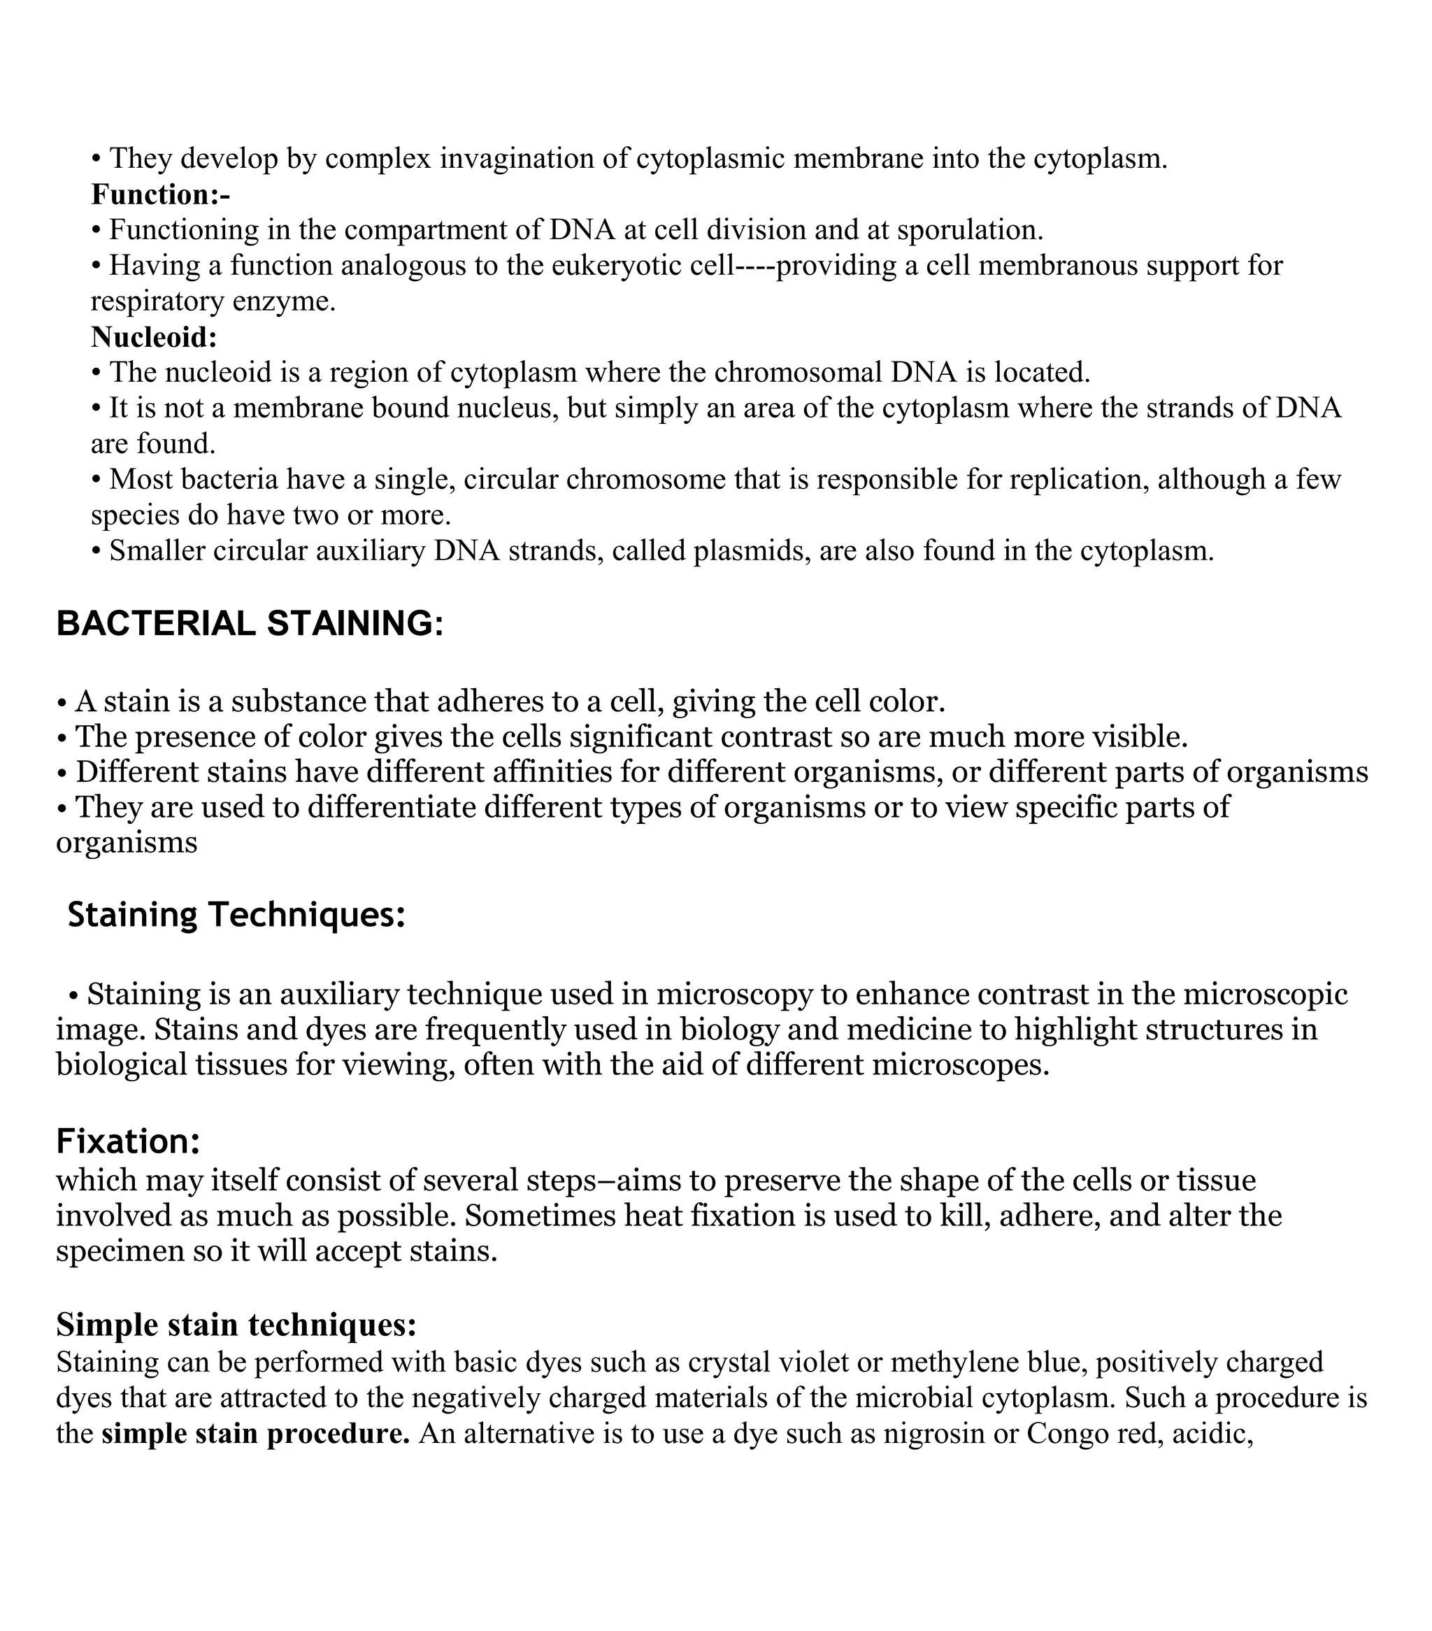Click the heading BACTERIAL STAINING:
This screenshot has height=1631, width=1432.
(x=249, y=623)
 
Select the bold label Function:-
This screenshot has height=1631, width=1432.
(x=160, y=194)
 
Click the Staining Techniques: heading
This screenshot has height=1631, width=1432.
(x=236, y=914)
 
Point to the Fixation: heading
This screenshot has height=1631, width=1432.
(x=128, y=1141)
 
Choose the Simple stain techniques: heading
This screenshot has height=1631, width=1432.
(x=236, y=1325)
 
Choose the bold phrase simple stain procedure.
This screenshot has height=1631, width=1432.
(x=255, y=1433)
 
